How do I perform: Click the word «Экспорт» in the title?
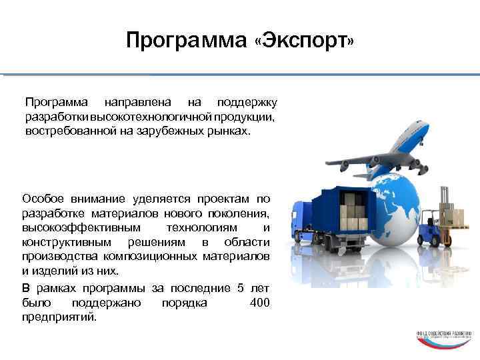click(305, 42)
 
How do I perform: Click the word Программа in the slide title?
click(187, 42)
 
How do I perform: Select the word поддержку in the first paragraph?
click(248, 103)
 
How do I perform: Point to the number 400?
click(259, 303)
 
